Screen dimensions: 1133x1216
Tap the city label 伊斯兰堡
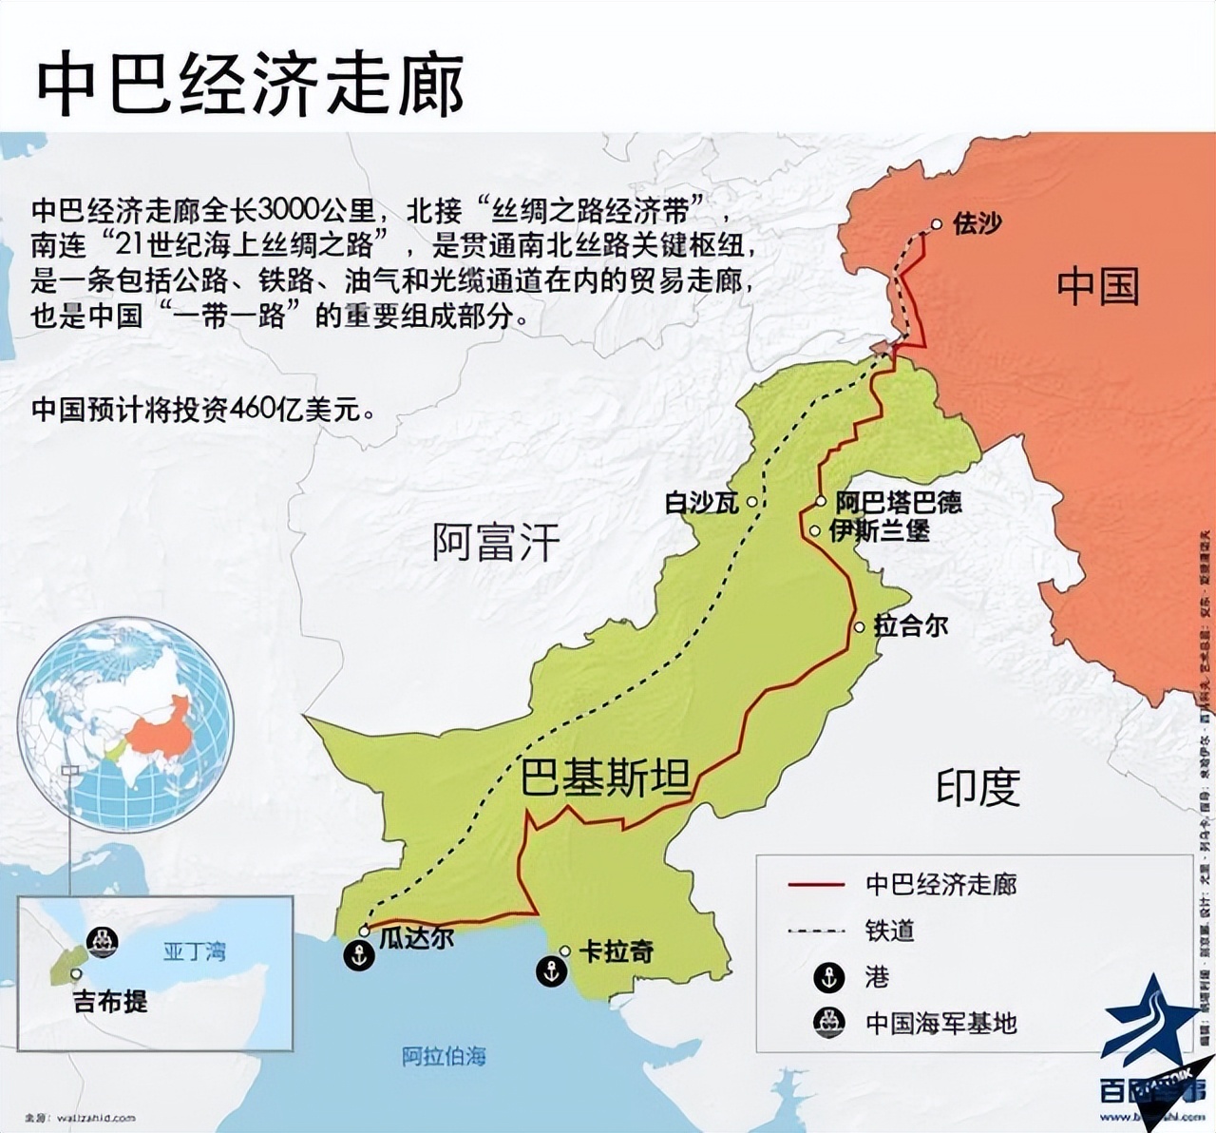click(880, 530)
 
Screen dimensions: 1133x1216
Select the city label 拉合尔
click(910, 625)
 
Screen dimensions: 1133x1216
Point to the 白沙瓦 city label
click(702, 502)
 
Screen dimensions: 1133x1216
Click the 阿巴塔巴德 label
click(898, 502)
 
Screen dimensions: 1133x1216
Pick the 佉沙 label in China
click(977, 224)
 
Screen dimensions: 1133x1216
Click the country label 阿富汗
click(496, 543)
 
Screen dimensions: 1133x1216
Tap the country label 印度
click(978, 787)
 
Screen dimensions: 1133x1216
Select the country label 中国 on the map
click(1097, 286)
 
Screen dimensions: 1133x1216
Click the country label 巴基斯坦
click(605, 778)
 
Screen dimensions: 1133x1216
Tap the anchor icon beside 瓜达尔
click(359, 956)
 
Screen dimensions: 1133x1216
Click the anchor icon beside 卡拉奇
click(552, 971)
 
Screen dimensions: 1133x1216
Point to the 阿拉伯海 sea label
click(444, 1056)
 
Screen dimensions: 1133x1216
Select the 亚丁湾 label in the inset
click(195, 951)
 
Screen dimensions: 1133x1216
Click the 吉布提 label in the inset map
click(111, 1001)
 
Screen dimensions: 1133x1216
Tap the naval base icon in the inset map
click(102, 940)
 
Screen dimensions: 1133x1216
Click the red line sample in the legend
click(816, 885)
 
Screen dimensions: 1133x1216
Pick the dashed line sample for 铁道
click(816, 931)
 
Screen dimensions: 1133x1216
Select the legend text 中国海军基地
click(940, 1024)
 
